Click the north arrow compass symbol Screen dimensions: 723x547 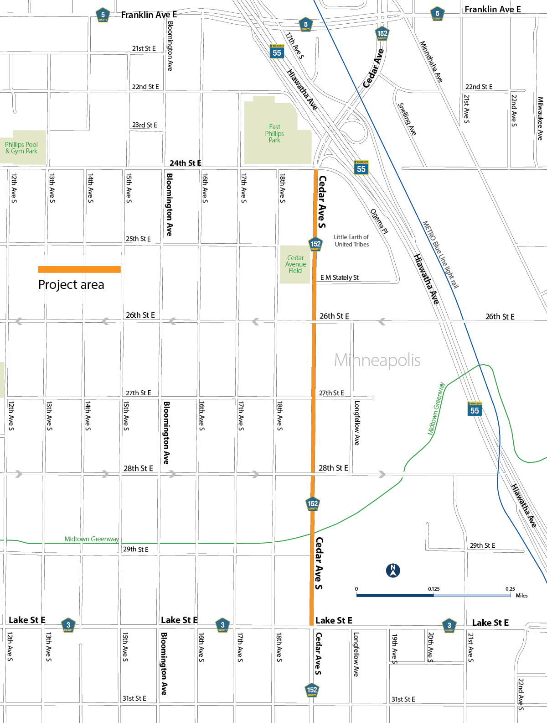[x=393, y=571]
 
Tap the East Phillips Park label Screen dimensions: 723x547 [x=274, y=134]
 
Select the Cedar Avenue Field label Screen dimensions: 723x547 [x=295, y=264]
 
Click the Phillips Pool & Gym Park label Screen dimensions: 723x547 [x=21, y=148]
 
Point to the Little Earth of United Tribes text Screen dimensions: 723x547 [x=351, y=241]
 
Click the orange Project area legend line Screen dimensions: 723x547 [x=79, y=269]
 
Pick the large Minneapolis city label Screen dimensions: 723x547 [x=377, y=360]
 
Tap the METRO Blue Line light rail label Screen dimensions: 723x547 [x=440, y=254]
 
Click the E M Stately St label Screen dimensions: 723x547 [x=339, y=278]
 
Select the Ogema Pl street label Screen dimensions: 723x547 [x=379, y=221]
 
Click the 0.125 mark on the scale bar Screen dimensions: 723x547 [x=433, y=589]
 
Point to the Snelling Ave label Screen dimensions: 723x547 [x=407, y=119]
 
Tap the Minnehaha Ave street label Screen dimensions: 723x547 [x=431, y=62]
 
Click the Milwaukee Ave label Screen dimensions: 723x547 [x=540, y=118]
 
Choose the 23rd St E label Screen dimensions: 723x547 [x=144, y=125]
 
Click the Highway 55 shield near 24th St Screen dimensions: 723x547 [x=361, y=168]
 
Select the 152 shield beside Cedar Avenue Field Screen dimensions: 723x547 [x=315, y=244]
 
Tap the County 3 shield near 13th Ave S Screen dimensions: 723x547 [x=68, y=625]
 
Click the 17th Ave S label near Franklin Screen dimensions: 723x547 [x=294, y=45]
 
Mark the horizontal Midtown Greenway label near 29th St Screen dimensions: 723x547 [x=91, y=539]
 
